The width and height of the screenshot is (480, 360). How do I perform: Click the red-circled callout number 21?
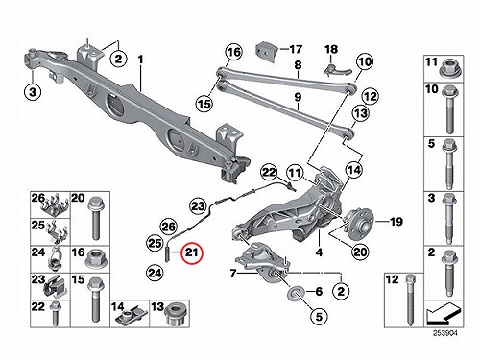click(x=192, y=252)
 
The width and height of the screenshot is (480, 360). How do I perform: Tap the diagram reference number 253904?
click(x=445, y=333)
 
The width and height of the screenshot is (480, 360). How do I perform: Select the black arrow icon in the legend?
click(x=444, y=313)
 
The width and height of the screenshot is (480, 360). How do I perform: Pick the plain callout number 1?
click(x=140, y=60)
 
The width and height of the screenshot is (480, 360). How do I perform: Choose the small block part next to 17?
click(x=266, y=51)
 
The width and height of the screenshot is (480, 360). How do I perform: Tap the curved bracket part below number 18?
click(x=337, y=69)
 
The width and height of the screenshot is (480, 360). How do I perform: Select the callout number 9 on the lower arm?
click(x=298, y=96)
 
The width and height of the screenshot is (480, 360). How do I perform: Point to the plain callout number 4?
click(x=319, y=252)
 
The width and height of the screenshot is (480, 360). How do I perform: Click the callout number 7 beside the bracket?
click(x=233, y=274)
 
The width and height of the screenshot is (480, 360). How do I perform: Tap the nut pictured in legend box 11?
click(x=449, y=68)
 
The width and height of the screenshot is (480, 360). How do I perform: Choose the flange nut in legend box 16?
click(x=96, y=259)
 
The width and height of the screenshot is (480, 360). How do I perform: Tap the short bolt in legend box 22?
click(x=56, y=314)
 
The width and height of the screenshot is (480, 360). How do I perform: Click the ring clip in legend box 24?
click(x=55, y=258)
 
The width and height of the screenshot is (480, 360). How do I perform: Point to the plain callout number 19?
click(x=396, y=221)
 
